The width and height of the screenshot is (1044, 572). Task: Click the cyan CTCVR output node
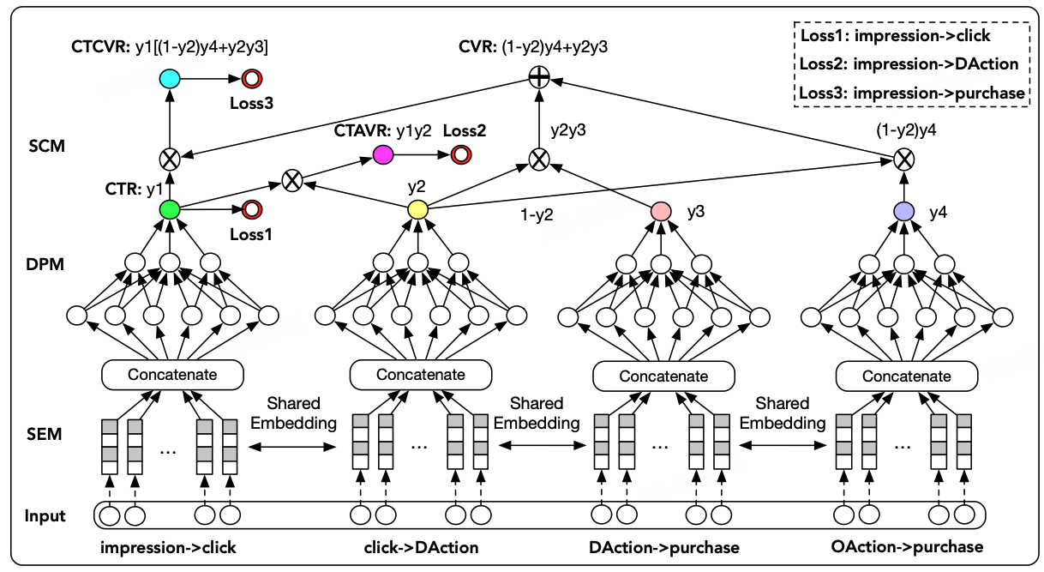click(x=169, y=79)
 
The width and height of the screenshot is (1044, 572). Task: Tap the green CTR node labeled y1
click(x=169, y=209)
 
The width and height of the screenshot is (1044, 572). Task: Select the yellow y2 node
click(x=417, y=209)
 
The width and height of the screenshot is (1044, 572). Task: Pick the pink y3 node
click(x=661, y=211)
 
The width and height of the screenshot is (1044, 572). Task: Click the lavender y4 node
click(x=904, y=211)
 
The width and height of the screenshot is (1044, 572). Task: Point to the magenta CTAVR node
click(x=383, y=154)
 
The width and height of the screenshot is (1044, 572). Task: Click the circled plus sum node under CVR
click(x=539, y=77)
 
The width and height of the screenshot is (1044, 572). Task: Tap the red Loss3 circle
click(x=252, y=79)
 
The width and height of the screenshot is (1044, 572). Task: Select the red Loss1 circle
click(x=252, y=210)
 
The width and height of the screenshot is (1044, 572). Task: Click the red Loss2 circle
click(x=461, y=154)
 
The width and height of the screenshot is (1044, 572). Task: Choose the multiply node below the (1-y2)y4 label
click(x=904, y=160)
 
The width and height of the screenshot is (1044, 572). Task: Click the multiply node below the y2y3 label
click(x=539, y=160)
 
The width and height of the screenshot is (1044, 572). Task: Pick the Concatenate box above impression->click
click(x=172, y=375)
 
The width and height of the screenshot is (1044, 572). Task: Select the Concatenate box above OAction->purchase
click(x=907, y=376)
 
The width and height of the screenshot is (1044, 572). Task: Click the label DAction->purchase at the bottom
click(x=663, y=547)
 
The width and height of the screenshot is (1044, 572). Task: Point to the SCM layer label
click(x=46, y=147)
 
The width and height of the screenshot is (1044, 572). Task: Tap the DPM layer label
click(x=45, y=264)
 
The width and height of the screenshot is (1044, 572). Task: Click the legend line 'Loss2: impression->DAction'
click(x=909, y=64)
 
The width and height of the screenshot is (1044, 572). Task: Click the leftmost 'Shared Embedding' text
click(x=294, y=413)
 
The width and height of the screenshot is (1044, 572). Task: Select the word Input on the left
click(x=45, y=516)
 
